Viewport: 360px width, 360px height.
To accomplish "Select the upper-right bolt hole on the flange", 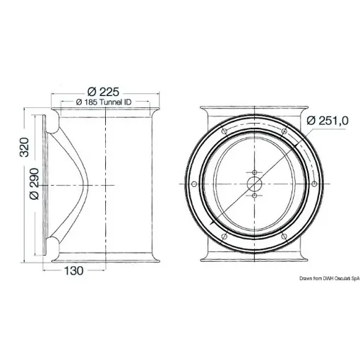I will pos(282,132).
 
